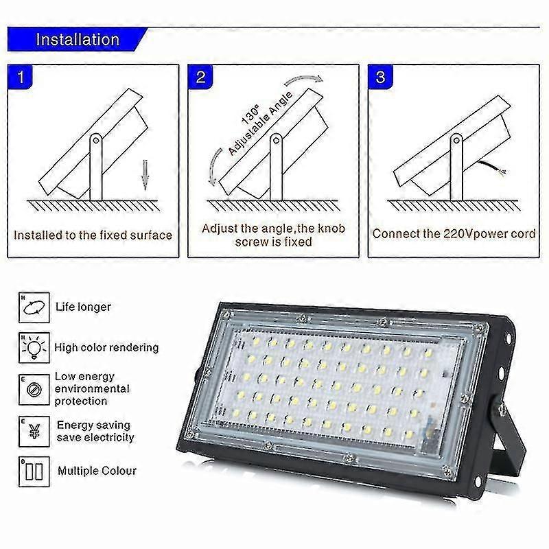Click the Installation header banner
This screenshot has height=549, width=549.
point(78,39)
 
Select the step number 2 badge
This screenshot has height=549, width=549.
point(200,76)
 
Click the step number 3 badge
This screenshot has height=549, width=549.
point(380,76)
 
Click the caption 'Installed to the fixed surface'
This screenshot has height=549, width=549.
point(93,235)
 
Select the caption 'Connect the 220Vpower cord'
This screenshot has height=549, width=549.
point(454,233)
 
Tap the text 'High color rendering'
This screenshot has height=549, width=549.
point(106,348)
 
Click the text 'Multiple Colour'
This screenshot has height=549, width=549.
point(97,471)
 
